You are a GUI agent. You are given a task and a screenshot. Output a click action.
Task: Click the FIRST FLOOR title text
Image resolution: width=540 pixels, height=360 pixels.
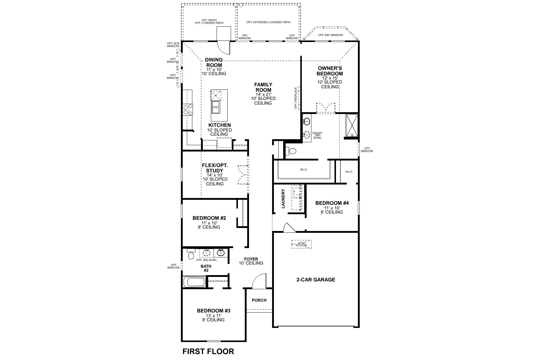208,351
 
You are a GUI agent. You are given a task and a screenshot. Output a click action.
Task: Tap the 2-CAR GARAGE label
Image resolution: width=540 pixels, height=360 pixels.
316,280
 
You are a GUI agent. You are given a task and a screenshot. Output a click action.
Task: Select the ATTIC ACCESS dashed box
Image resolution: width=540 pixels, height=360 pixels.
301,244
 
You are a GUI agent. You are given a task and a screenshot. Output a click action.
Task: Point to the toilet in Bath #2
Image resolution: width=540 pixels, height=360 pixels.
190,255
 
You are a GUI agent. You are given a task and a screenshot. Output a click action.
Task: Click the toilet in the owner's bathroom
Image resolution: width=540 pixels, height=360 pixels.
290,151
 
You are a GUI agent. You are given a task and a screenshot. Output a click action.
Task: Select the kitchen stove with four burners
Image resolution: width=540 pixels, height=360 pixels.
188,109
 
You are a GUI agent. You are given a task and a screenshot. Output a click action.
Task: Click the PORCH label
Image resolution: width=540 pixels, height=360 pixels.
259,300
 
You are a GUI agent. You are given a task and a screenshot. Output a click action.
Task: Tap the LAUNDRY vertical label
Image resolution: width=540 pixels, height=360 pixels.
283,199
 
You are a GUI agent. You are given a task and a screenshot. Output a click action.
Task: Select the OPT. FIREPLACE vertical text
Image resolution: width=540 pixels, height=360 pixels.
296,98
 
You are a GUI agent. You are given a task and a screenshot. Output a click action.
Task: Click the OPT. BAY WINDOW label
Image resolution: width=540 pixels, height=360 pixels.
330,35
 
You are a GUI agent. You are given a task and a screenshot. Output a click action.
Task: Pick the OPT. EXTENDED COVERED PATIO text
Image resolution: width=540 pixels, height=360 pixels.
268,22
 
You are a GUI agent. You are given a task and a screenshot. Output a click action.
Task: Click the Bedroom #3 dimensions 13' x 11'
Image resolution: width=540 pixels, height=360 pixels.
213,316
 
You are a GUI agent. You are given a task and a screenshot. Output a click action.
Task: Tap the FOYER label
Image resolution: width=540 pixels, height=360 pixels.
251,259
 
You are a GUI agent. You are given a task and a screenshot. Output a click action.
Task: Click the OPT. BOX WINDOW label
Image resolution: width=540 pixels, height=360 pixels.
173,45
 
